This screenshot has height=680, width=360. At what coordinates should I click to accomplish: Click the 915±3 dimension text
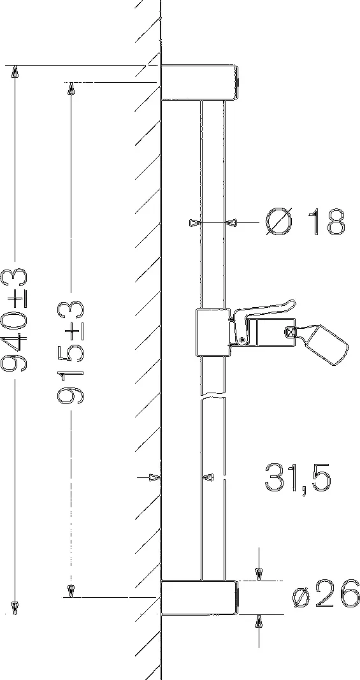click(x=71, y=352)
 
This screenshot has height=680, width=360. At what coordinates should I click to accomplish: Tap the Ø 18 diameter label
click(x=306, y=222)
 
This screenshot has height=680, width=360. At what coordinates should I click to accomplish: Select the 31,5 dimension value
click(x=298, y=478)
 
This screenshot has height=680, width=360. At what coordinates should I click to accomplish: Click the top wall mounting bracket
click(x=199, y=82)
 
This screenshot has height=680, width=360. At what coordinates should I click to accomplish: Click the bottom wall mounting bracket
click(x=199, y=597)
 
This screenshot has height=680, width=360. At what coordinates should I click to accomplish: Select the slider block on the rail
click(x=213, y=332)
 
